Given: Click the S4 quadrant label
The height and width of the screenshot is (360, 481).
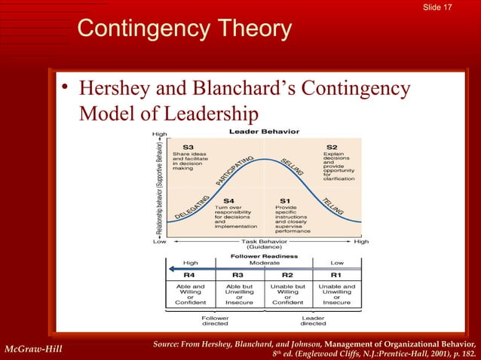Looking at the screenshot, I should pyautogui.click(x=223, y=200).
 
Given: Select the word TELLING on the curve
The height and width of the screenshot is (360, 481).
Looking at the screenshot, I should pyautogui.click(x=331, y=206).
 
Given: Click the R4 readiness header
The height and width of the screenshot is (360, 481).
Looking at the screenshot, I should pyautogui.click(x=189, y=276).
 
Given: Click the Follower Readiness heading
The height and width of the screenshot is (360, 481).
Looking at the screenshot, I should pyautogui.click(x=264, y=255).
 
